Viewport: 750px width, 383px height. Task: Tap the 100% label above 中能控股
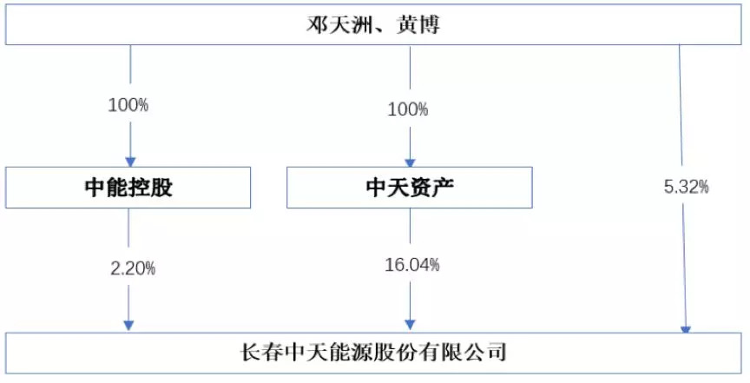[x=128, y=105]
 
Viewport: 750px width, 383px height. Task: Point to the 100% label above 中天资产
[x=408, y=110]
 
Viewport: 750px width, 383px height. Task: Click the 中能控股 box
[x=129, y=188]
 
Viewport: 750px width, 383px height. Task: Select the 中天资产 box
[x=408, y=188]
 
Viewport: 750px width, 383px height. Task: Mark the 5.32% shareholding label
[x=686, y=186]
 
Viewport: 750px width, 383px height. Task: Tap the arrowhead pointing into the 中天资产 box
[x=409, y=162]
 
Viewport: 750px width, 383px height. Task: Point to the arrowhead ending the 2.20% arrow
[x=129, y=325]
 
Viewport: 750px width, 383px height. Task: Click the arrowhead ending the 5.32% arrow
[x=686, y=328]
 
